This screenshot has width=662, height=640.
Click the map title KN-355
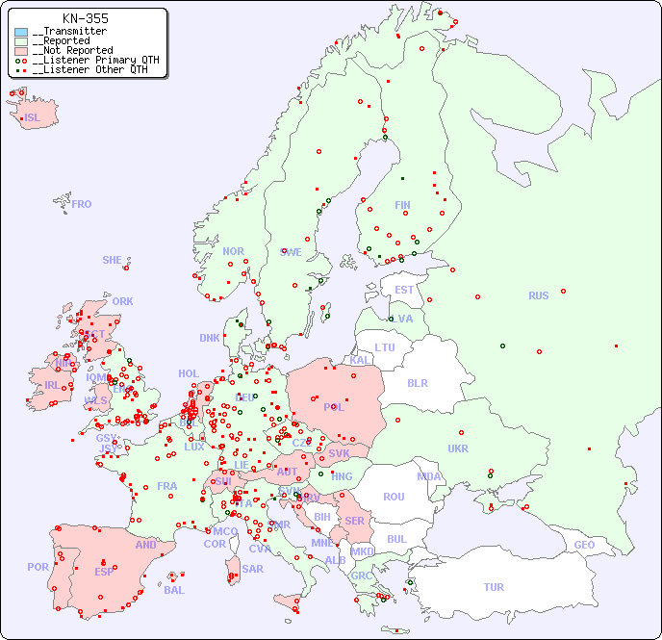click(x=85, y=18)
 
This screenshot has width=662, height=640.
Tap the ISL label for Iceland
click(x=33, y=118)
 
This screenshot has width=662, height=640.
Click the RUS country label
click(x=538, y=295)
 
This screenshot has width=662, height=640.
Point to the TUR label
click(x=494, y=587)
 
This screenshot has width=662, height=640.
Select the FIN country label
click(x=402, y=205)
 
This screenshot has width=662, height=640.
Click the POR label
click(x=38, y=568)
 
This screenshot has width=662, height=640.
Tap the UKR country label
click(x=458, y=448)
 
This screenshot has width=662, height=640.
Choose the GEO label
click(x=584, y=545)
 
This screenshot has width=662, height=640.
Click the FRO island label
click(x=82, y=204)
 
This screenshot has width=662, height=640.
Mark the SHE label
click(x=113, y=260)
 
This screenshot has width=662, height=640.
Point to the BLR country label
click(x=417, y=383)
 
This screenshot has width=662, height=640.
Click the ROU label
click(x=394, y=497)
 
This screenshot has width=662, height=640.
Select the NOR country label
click(x=233, y=251)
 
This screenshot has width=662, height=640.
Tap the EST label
click(x=404, y=290)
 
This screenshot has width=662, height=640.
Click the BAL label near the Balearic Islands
click(x=174, y=590)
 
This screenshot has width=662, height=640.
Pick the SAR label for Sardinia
click(x=252, y=569)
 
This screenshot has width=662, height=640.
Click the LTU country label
click(x=385, y=347)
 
